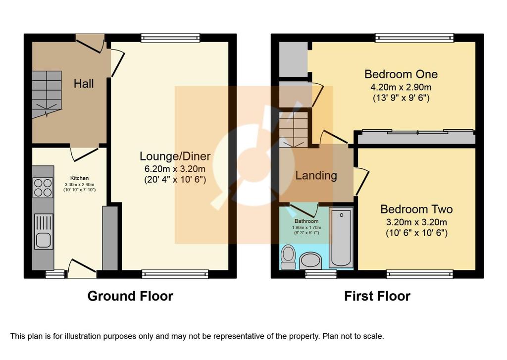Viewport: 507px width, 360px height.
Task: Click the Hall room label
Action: click(83, 84)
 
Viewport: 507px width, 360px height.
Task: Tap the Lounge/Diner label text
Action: click(175, 156)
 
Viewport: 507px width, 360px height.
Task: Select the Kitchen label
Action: click(80, 178)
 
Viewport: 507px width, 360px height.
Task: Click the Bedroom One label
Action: click(401, 74)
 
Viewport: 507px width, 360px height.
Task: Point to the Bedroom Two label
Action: click(416, 209)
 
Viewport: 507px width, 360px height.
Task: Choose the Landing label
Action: click(316, 176)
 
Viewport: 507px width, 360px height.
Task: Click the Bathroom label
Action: click(306, 221)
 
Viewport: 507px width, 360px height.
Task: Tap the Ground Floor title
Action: click(130, 296)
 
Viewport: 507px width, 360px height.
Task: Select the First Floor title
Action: click(377, 296)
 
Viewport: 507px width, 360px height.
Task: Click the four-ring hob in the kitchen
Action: click(43, 188)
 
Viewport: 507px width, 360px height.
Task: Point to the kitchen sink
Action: click(44, 231)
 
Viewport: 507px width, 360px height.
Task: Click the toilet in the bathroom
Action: click(288, 257)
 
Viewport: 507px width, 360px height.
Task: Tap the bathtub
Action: click(341, 238)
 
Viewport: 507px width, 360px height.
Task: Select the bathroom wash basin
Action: click(311, 260)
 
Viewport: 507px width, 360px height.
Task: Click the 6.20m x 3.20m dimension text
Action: click(175, 169)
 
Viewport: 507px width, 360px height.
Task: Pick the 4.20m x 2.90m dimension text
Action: click(401, 87)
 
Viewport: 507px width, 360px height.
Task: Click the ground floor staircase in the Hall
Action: click(47, 95)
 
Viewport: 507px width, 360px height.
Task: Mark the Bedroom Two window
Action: click(420, 274)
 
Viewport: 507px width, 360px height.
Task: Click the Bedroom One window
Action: click(414, 38)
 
